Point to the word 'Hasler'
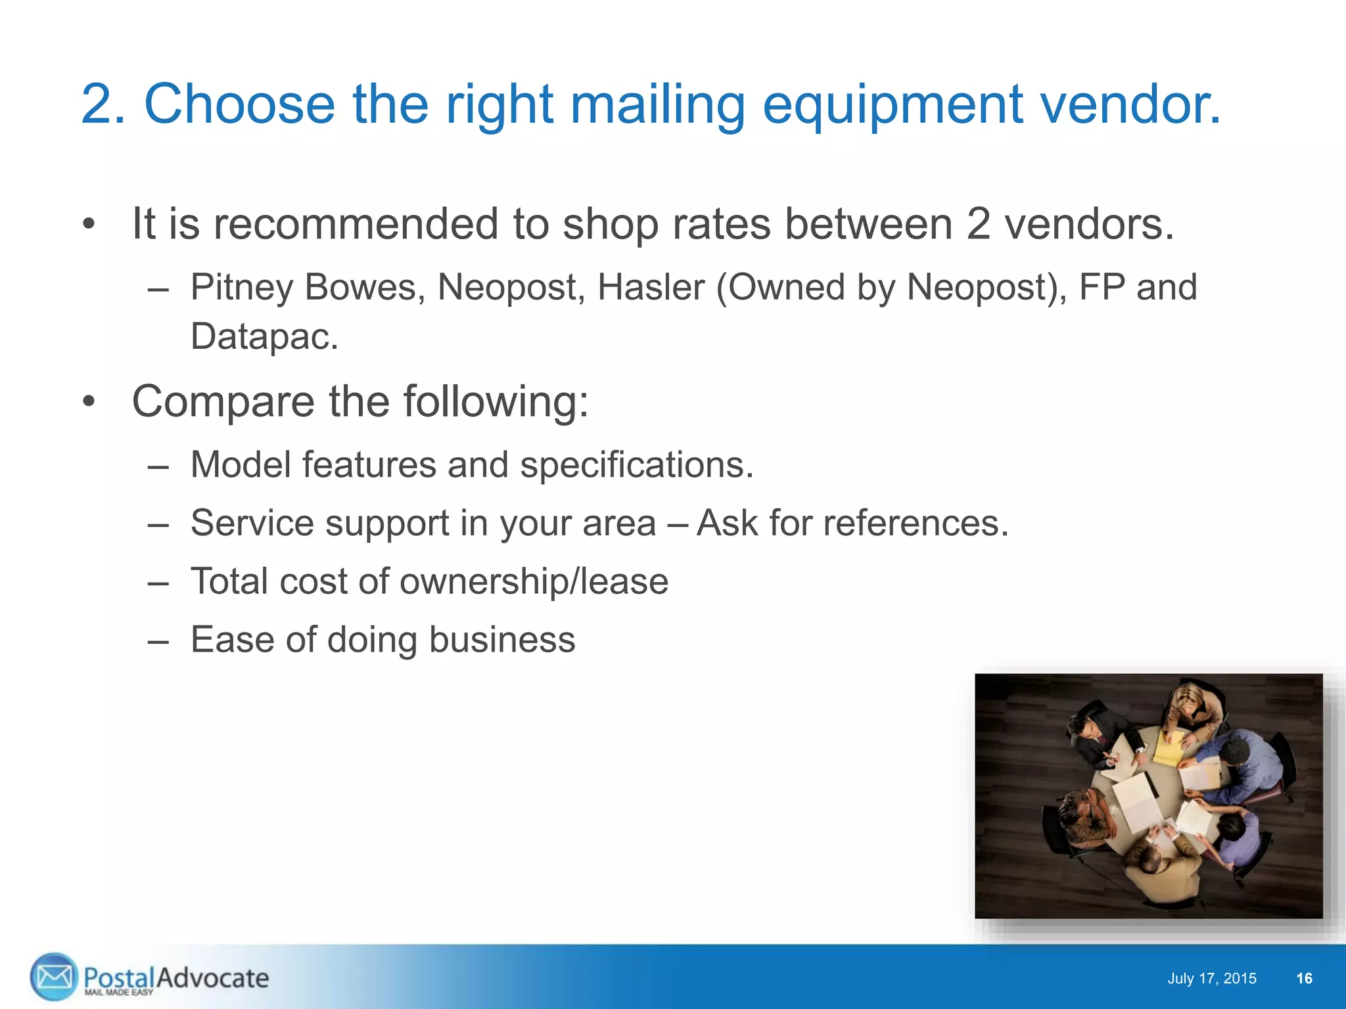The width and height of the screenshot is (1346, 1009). click(651, 288)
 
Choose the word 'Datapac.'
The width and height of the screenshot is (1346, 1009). click(264, 337)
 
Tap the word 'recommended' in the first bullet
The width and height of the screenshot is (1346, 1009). click(356, 224)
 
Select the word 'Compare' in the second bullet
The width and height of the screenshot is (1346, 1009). click(223, 402)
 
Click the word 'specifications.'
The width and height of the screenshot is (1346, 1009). click(636, 465)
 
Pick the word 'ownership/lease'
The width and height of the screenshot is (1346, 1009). click(534, 582)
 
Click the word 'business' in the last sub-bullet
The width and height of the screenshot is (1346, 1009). click(502, 640)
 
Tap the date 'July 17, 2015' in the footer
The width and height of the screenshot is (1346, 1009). click(1211, 979)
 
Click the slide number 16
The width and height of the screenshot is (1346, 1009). click(1304, 979)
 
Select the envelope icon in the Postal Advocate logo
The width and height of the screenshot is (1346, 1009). click(54, 977)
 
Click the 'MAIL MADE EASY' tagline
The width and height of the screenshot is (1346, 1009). click(118, 993)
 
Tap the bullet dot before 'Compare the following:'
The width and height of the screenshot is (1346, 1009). click(89, 402)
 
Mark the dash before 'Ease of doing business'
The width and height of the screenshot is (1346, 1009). click(158, 640)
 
